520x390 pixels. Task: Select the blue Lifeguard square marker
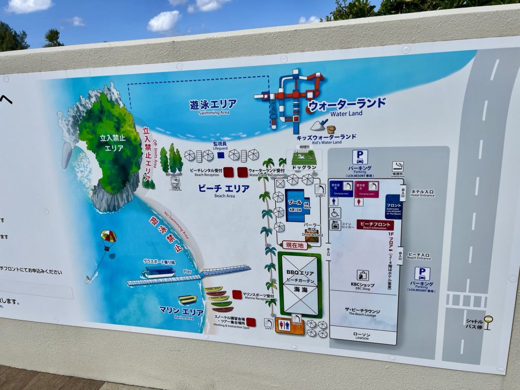point(221,155)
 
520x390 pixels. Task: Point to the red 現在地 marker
point(295,245)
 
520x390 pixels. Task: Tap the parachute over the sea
point(108,237)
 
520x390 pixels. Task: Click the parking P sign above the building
point(360,157)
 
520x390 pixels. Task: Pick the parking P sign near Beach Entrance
point(422,274)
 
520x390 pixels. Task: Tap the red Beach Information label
point(375,225)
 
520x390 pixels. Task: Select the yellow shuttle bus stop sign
point(488,319)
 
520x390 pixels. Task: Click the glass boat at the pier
point(158,272)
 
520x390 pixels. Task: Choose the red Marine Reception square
point(237,295)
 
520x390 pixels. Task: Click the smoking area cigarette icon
point(398,166)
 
